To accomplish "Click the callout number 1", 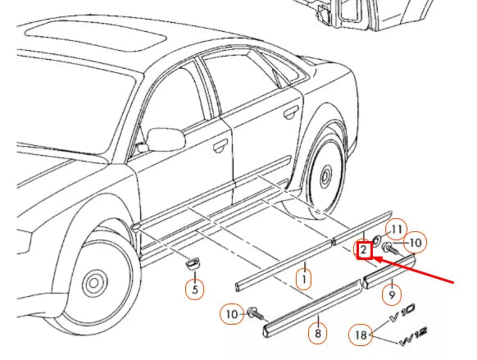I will tap(304, 279).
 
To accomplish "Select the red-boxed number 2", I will tap(364, 250).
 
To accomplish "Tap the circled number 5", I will tap(195, 289).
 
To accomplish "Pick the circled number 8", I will tap(317, 334).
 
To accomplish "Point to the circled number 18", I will tap(360, 335).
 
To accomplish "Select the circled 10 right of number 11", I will tap(416, 242).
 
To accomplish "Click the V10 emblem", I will tap(403, 312).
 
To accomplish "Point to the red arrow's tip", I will tap(370, 257).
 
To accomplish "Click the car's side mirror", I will tap(165, 139).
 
